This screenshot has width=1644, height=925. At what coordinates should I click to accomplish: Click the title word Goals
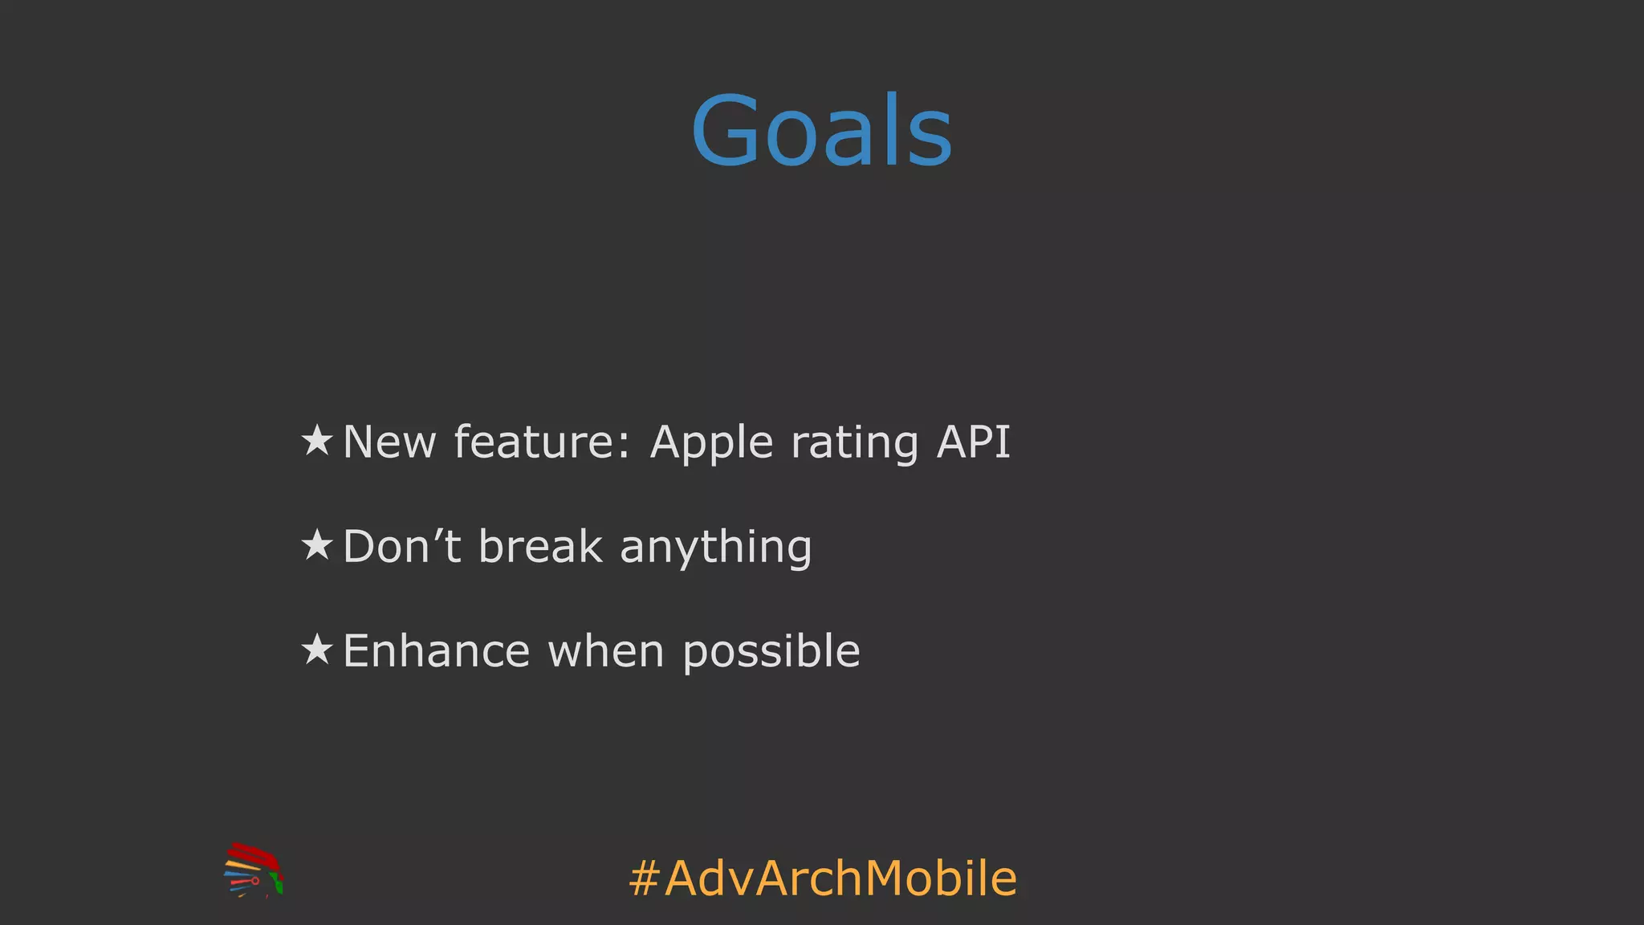[x=822, y=131]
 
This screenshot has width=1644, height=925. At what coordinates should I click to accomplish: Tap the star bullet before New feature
[x=317, y=440]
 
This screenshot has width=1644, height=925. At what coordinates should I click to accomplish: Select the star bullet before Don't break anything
[x=317, y=545]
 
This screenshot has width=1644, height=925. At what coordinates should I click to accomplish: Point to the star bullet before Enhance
[x=317, y=649]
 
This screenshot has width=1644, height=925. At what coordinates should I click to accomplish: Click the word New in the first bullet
[x=389, y=442]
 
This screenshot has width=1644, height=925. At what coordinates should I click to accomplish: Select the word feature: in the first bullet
[x=543, y=442]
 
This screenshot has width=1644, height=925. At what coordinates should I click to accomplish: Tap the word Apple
[x=711, y=443]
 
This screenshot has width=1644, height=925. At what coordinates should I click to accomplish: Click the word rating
[x=854, y=443]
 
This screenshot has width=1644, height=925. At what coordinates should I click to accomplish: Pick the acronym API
[x=973, y=442]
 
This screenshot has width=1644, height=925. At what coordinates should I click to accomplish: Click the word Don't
[x=401, y=547]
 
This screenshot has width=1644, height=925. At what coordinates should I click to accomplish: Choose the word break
[x=540, y=547]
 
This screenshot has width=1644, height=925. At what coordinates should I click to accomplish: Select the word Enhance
[x=436, y=650]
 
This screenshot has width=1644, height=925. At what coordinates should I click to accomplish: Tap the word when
[x=606, y=650]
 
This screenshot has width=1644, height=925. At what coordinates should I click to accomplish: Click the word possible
[x=771, y=652]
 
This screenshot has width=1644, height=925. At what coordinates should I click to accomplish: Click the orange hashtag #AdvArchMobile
[x=823, y=878]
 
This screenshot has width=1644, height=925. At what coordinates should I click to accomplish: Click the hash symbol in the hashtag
[x=645, y=878]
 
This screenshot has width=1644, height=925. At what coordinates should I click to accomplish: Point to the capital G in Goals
[x=725, y=131]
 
